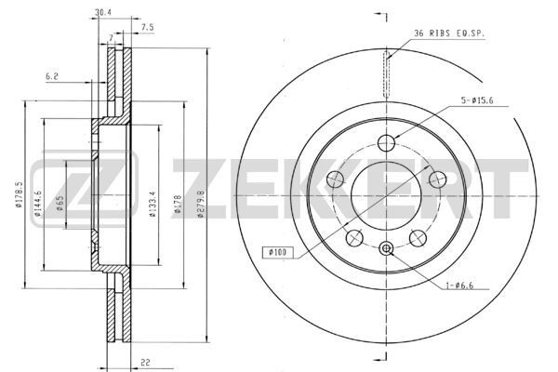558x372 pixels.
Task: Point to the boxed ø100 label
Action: (279, 252)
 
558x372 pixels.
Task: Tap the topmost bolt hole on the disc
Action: (387, 142)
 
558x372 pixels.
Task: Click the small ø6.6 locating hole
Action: (387, 247)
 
